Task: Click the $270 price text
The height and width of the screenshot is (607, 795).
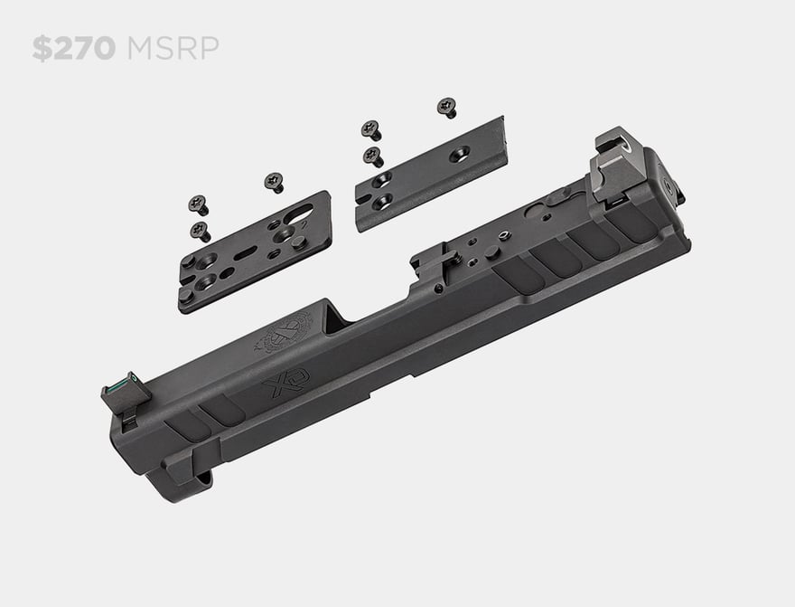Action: point(73,48)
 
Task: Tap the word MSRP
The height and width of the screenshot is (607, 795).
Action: point(173,48)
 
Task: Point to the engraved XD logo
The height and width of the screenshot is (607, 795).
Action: point(285,382)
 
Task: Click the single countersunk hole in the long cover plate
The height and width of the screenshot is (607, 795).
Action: point(459,154)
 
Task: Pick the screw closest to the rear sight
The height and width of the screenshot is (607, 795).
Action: point(446,108)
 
